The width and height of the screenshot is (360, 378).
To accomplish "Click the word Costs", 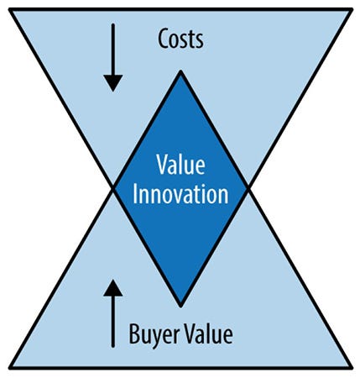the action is coord(180,39).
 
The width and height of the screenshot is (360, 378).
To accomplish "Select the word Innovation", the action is coord(180,193).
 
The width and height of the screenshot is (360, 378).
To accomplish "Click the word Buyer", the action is coord(154,334).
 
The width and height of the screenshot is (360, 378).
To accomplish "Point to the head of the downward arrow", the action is coord(113,83).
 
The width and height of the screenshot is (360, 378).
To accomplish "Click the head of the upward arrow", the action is coord(113,287).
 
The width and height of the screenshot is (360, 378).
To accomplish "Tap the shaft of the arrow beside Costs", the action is coord(113,50).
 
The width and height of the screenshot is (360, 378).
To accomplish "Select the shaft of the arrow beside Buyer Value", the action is coord(113,322).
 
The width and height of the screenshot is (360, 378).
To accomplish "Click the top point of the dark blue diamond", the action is coord(180,71).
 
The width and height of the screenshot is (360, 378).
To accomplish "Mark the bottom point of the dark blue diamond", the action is coord(180,306).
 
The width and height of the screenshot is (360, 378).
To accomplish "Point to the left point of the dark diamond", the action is coord(113,189).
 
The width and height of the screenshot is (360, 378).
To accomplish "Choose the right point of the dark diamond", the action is coord(248,189).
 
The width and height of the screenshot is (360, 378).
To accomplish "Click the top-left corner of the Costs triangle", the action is coord(10,10).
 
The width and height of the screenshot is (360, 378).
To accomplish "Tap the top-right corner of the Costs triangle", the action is coord(352,10).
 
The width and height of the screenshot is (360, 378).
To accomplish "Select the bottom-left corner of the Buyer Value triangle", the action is coord(10,367).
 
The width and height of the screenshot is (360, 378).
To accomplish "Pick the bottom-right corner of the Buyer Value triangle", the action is coord(352,367).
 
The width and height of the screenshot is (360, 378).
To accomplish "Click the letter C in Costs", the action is coord(164,39).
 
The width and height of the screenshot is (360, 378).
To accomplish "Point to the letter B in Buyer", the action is coord(134,333).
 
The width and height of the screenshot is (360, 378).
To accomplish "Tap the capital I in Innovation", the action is coord(135,193).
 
